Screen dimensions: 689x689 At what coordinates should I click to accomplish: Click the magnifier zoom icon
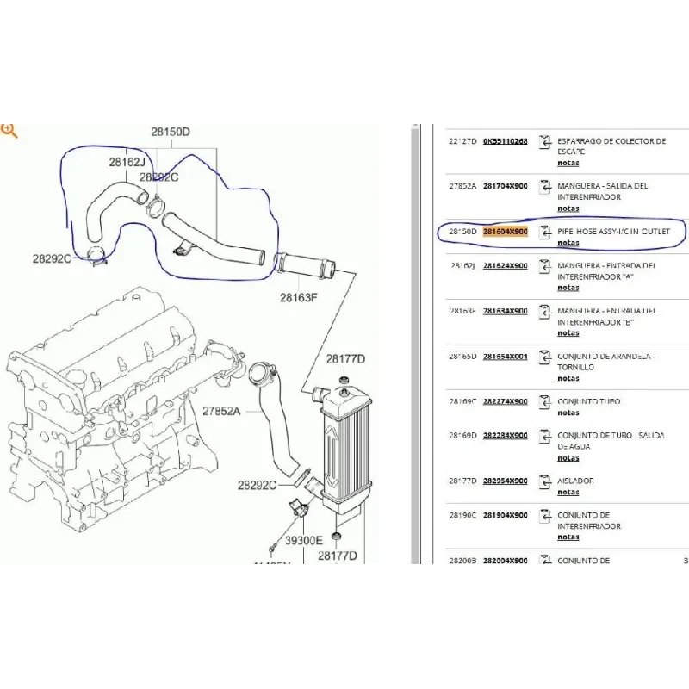[9, 131]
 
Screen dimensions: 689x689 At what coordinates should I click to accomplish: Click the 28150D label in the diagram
[171, 133]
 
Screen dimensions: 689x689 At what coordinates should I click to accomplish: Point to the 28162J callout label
[127, 162]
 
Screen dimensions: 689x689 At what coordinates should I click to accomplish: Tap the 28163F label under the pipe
[298, 299]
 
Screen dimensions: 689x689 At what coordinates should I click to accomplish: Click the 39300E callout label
[304, 540]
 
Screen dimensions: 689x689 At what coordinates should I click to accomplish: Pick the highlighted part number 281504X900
[505, 232]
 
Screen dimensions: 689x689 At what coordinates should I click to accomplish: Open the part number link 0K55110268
[505, 140]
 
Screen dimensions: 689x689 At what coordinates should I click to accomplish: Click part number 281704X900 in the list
[505, 186]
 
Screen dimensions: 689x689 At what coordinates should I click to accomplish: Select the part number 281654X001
[505, 356]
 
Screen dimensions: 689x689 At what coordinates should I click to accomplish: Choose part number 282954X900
[505, 481]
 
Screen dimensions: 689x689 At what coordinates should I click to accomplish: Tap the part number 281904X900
[505, 515]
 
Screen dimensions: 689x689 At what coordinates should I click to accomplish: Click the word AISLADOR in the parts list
[575, 481]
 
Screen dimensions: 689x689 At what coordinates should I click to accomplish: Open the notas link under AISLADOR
[568, 492]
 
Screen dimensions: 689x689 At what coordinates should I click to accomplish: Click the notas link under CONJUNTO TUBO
[568, 413]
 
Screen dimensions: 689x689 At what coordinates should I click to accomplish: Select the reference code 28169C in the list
[462, 401]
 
